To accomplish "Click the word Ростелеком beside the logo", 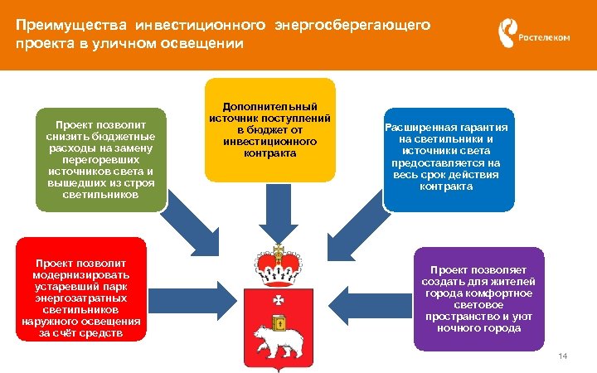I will pyautogui.click(x=544, y=38).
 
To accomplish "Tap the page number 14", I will pyautogui.click(x=563, y=356).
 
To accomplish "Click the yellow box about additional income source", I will pyautogui.click(x=270, y=130).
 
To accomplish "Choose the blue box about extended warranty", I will pyautogui.click(x=447, y=157).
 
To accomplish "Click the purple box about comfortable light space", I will pyautogui.click(x=478, y=298).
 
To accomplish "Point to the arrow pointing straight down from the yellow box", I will pyautogui.click(x=272, y=216).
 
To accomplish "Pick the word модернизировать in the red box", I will pyautogui.click(x=81, y=274).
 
